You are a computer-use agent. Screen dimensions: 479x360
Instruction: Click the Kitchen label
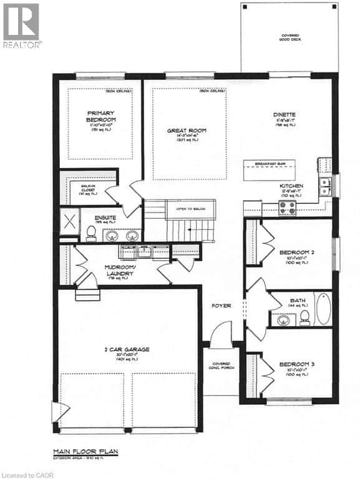click(291, 186)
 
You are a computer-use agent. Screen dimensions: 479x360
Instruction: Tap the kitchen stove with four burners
click(287, 207)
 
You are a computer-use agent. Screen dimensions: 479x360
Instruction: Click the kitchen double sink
click(324, 183)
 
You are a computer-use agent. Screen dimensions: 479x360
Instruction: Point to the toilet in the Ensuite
click(91, 232)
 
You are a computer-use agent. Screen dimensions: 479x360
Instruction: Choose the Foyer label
click(221, 306)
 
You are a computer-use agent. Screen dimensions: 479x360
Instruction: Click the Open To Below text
click(190, 208)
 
